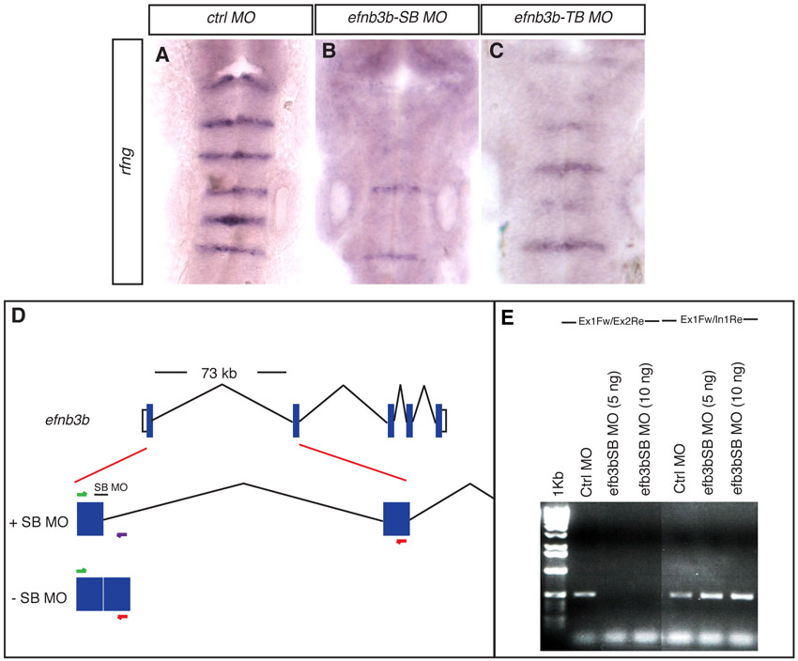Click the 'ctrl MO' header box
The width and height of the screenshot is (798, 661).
pyautogui.click(x=231, y=20)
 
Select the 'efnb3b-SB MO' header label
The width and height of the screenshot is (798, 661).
pyautogui.click(x=397, y=19)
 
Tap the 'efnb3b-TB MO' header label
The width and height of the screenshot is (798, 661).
pyautogui.click(x=563, y=19)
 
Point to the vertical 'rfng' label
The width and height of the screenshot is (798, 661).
pyautogui.click(x=127, y=161)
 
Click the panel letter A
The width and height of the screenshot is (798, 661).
pyautogui.click(x=162, y=54)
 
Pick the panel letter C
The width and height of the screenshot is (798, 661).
pyautogui.click(x=497, y=52)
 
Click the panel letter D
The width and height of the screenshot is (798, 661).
pyautogui.click(x=18, y=316)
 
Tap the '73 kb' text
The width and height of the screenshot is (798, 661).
pyautogui.click(x=219, y=373)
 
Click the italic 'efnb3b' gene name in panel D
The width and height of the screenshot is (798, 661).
pyautogui.click(x=68, y=421)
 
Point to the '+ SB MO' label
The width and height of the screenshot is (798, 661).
pyautogui.click(x=39, y=522)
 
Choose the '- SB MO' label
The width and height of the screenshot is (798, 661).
pyautogui.click(x=39, y=597)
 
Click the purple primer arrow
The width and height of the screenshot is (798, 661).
pyautogui.click(x=121, y=535)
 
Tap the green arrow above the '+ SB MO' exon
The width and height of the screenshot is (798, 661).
pyautogui.click(x=82, y=494)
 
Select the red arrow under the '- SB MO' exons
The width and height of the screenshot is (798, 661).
pyautogui.click(x=122, y=617)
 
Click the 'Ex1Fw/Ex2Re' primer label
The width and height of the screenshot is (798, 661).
pyautogui.click(x=611, y=322)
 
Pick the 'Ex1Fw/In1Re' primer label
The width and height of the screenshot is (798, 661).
pyautogui.click(x=711, y=319)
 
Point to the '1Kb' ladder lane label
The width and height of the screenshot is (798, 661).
pyautogui.click(x=558, y=484)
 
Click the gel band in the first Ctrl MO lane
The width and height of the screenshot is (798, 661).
pyautogui.click(x=585, y=594)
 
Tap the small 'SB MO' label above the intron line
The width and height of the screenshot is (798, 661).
pyautogui.click(x=111, y=487)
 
